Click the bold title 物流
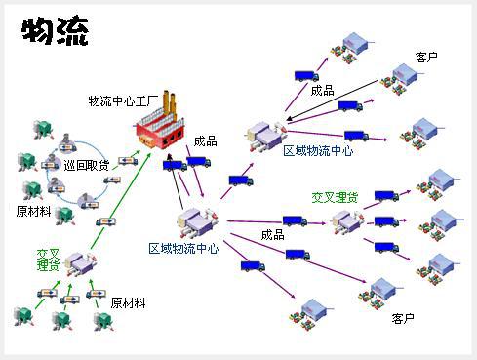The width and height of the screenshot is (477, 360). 55,30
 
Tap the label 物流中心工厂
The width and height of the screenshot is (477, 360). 123,101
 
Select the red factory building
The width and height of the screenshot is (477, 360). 160,121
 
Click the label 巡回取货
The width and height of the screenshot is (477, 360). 87,166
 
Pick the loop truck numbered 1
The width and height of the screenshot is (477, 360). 88,202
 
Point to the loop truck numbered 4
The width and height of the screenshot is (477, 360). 67,143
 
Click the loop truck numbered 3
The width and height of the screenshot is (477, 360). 50,162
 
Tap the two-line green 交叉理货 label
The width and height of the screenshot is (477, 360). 48,260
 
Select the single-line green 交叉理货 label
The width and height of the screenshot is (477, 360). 335,197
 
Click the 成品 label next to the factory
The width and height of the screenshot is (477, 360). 205,141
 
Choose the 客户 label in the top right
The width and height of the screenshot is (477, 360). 426,58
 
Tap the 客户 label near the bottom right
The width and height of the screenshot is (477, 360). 403,318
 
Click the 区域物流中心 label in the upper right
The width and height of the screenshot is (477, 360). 318,151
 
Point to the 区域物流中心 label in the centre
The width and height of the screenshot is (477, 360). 183,249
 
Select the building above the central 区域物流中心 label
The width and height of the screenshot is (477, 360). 197,222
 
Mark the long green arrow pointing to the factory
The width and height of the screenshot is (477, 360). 121,200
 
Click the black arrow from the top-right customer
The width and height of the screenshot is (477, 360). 333,100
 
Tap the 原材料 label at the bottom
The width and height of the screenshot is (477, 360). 128,303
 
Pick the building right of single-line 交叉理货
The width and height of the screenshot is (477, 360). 346,221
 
